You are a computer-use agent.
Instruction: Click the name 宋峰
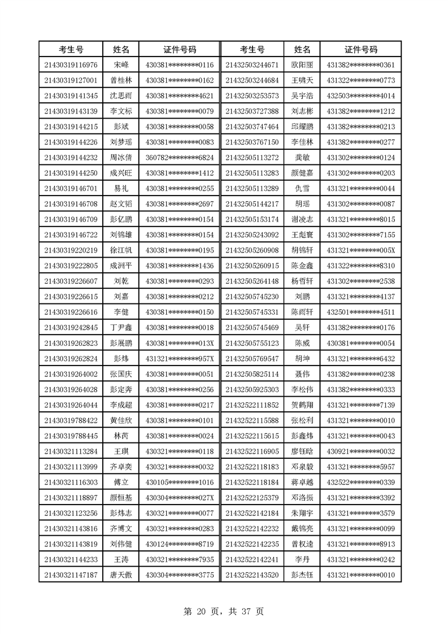pyautogui.click(x=121, y=65)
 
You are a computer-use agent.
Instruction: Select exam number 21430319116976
pyautogui.click(x=71, y=65)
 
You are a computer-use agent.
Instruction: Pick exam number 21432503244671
pyautogui.click(x=252, y=65)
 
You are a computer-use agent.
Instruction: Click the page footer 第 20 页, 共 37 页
pyautogui.click(x=224, y=611)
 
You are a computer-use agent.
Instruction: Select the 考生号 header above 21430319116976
pyautogui.click(x=71, y=50)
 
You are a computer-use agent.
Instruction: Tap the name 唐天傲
pyautogui.click(x=121, y=575)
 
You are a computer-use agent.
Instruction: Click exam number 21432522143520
pyautogui.click(x=252, y=575)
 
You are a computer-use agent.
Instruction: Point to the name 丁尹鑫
pyautogui.click(x=121, y=327)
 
